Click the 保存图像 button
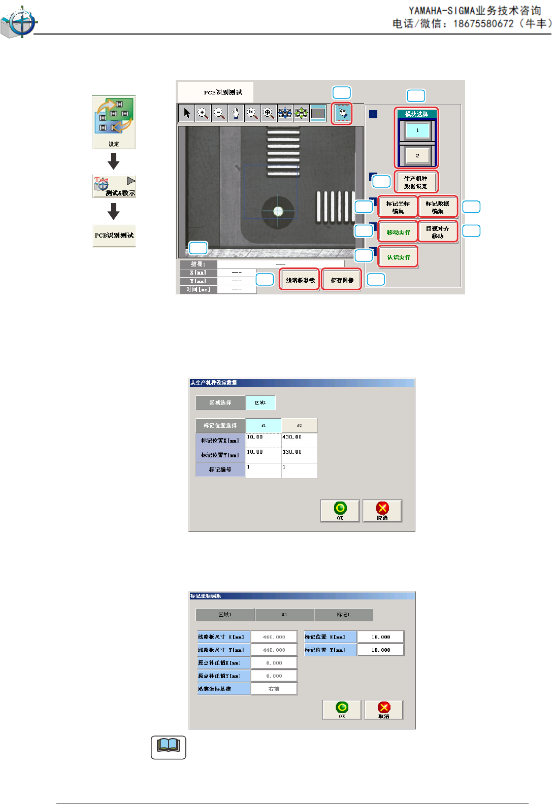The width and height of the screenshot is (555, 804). coord(342,280)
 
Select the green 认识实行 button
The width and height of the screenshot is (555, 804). coord(398,257)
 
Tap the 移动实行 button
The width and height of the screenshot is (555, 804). coord(398,232)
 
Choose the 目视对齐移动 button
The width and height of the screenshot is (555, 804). coord(438,232)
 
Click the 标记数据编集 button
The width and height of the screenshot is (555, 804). coord(438,207)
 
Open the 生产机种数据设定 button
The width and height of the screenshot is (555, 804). coord(416,182)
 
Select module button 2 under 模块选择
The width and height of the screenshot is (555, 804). coord(417,155)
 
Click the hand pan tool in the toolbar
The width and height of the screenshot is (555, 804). coord(236,113)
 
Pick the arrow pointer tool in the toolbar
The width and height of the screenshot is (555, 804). coord(187,113)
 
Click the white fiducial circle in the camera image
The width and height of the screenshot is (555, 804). coord(278,211)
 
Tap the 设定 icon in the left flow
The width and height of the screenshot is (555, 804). coord(114,122)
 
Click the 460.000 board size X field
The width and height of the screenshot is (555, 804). coord(274,637)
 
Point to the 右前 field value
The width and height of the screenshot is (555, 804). coord(274,689)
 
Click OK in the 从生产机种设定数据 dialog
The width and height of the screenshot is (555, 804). coord(340,511)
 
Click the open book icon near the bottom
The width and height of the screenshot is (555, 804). coord(169,747)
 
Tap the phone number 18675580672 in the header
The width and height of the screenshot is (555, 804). coord(483,24)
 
